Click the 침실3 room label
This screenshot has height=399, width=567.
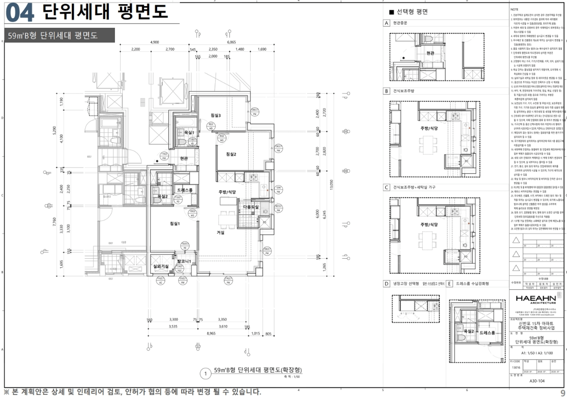click(x=215, y=115)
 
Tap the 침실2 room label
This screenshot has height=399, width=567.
click(x=231, y=154)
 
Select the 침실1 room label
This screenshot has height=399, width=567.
click(x=175, y=224)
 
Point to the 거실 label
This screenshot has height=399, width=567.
click(x=221, y=232)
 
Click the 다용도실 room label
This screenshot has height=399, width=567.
click(x=251, y=207)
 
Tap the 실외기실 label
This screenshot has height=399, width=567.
click(x=161, y=266)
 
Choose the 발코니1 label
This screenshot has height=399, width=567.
click(x=184, y=262)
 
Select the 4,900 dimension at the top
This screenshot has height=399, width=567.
click(x=155, y=42)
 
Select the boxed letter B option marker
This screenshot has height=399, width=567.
click(x=386, y=91)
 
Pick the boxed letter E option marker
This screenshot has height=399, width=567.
click(x=449, y=284)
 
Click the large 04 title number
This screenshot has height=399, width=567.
click(x=20, y=13)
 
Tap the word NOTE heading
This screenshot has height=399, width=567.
click(x=514, y=9)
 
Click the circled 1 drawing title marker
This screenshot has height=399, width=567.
click(x=204, y=373)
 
